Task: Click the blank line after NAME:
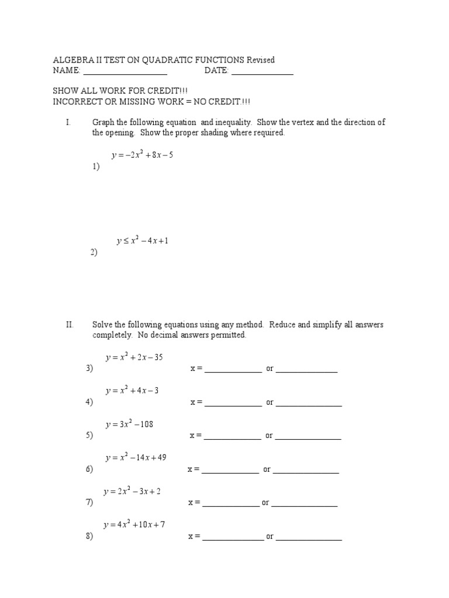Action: tap(125, 73)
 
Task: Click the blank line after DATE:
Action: tap(263, 73)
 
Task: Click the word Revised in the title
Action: tap(260, 60)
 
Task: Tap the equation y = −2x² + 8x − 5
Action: tap(142, 155)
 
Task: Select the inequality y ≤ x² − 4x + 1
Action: tap(143, 241)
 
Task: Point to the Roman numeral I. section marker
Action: tap(68, 123)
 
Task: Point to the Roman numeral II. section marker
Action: tap(70, 325)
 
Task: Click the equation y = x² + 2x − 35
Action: tap(134, 357)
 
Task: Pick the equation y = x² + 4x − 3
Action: tap(132, 391)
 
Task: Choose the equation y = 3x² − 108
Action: tap(129, 425)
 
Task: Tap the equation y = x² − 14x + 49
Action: tap(136, 458)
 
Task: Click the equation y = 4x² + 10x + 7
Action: tap(134, 525)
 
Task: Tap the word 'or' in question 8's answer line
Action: tap(270, 537)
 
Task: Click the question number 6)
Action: tap(89, 470)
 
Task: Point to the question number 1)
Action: tap(95, 166)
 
